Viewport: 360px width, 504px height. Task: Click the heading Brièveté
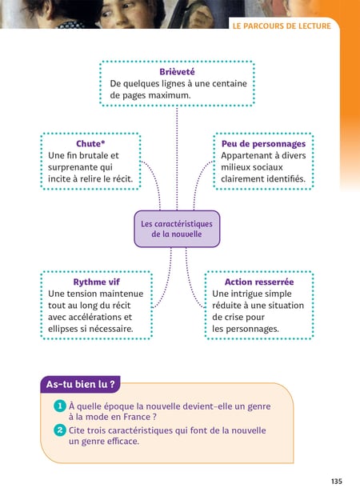(x=177, y=72)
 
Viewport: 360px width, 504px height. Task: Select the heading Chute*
(x=90, y=143)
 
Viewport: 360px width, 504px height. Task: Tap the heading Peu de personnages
(x=263, y=144)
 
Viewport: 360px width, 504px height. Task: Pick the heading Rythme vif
(x=97, y=282)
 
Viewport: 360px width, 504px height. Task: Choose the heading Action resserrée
(x=259, y=282)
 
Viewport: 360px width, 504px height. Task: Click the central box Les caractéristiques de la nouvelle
(x=177, y=229)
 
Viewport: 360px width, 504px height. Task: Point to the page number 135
(x=337, y=481)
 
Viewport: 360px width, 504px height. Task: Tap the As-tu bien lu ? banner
(x=80, y=385)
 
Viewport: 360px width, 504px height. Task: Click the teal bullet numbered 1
(x=59, y=406)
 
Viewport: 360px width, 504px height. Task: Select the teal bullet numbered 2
(x=59, y=430)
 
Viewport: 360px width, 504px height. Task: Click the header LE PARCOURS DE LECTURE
(x=282, y=26)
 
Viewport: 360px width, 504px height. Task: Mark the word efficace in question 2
(x=123, y=441)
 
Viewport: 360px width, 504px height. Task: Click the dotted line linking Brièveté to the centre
(x=177, y=158)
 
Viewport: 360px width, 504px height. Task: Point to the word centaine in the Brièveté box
(x=229, y=83)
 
